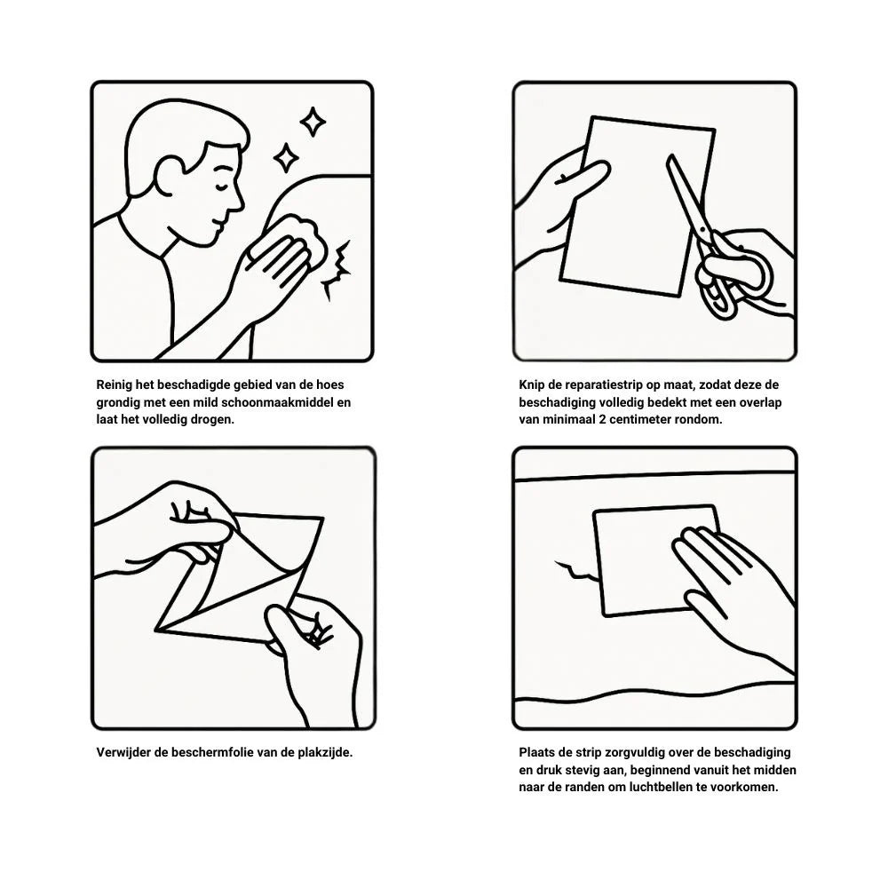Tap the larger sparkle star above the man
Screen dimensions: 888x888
pos(313,122)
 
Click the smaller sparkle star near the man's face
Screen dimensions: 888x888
pos(286,157)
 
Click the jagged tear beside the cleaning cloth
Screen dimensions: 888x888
pos(337,269)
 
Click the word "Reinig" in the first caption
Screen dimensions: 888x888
pos(114,385)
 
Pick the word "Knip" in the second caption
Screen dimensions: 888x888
pos(531,385)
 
